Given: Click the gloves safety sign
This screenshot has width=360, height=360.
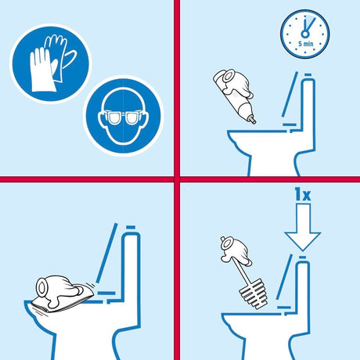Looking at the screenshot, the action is [x=51, y=63].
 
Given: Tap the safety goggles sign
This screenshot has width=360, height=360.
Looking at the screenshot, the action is [x=123, y=116].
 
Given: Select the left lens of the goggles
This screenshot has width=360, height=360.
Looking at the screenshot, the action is [x=113, y=118].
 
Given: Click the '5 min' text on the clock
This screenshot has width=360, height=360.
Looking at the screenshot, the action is [x=306, y=44].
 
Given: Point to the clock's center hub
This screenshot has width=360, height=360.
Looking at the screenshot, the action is [x=305, y=34].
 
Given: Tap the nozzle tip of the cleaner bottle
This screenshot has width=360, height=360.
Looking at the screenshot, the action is [x=253, y=120].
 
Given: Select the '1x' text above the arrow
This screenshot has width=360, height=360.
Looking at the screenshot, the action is [x=303, y=194].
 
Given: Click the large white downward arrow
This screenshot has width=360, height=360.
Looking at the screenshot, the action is [x=302, y=227].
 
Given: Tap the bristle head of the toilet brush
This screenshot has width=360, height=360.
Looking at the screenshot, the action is [x=254, y=293].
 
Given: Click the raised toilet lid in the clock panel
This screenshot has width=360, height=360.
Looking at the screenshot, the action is [x=290, y=94].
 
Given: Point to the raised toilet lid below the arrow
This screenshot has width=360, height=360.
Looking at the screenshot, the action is [x=284, y=276].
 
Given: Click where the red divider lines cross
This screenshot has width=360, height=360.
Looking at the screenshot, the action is [x=177, y=179].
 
